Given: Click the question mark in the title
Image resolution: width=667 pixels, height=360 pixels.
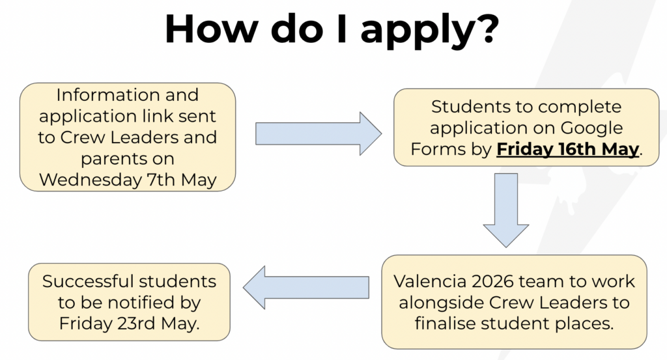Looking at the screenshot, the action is pyautogui.click(x=485, y=28).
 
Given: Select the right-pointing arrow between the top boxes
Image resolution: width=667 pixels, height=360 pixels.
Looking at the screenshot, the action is pyautogui.click(x=318, y=133).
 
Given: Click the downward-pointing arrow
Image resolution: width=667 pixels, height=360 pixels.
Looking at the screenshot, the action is pyautogui.click(x=505, y=210).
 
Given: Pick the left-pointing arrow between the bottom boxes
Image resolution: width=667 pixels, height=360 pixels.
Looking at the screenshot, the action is pyautogui.click(x=306, y=287).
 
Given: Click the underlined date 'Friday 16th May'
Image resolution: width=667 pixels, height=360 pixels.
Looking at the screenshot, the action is pyautogui.click(x=567, y=149).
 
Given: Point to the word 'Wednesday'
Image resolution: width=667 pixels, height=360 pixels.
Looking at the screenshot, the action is pyautogui.click(x=91, y=180).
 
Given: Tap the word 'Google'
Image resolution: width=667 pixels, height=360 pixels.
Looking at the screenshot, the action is pyautogui.click(x=591, y=128).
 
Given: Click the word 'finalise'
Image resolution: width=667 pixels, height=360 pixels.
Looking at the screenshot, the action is pyautogui.click(x=445, y=324).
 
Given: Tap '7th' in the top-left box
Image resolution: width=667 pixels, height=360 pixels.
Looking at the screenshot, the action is pyautogui.click(x=162, y=180).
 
